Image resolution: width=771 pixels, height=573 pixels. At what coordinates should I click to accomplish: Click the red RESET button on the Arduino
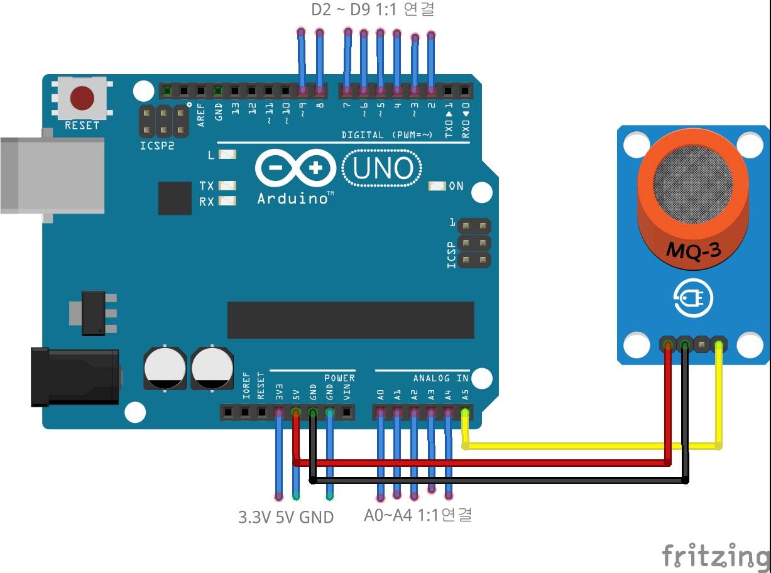(82, 98)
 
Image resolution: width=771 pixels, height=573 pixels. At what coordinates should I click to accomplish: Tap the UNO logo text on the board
(383, 168)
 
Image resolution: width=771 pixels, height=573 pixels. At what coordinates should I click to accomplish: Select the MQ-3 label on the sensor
(693, 251)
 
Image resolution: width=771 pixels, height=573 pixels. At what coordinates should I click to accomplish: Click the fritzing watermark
(716, 556)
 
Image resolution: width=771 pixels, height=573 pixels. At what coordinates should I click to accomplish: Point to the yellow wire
(591, 446)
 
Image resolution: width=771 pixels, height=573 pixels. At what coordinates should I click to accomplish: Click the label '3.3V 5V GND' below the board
(286, 518)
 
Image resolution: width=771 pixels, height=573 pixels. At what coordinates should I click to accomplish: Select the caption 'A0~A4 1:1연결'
(418, 515)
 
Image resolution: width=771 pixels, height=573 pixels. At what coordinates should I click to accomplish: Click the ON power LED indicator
(437, 186)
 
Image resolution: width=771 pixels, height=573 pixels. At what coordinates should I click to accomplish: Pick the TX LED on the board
(227, 186)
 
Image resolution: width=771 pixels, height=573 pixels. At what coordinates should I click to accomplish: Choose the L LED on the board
(227, 154)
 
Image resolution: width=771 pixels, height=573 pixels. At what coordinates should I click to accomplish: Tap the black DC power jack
(75, 376)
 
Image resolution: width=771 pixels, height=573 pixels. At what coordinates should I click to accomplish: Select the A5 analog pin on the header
(465, 413)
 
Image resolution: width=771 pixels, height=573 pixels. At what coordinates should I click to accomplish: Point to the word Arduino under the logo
(295, 199)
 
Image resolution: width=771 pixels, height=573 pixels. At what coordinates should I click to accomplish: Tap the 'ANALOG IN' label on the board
(440, 378)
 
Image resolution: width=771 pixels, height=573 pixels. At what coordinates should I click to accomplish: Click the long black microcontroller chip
(351, 320)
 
